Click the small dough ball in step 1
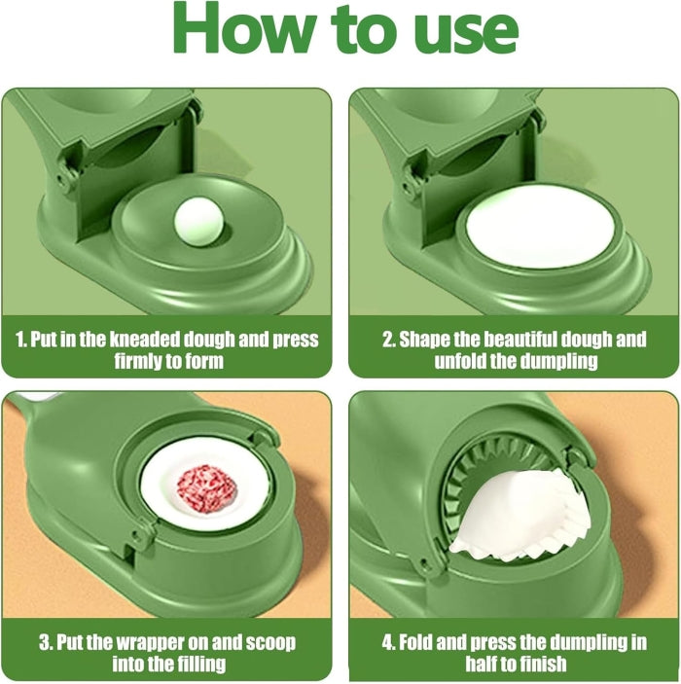point(198,226)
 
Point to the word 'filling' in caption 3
point(201,664)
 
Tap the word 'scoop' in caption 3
point(270,643)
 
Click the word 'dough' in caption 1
point(209,340)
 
